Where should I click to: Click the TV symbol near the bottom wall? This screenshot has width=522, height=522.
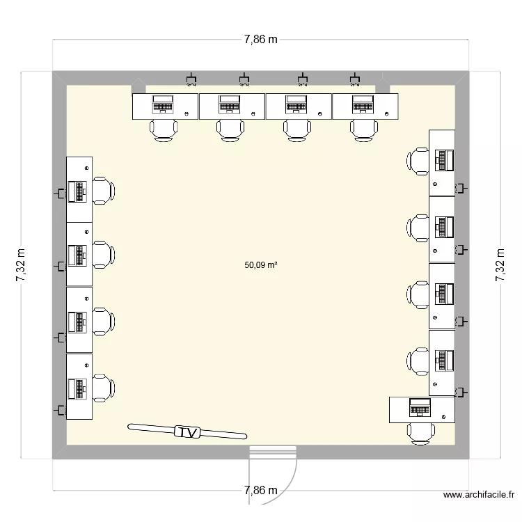[x=187, y=432]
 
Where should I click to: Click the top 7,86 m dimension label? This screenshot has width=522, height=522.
[x=260, y=40]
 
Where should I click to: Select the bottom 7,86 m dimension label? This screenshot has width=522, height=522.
[x=260, y=491]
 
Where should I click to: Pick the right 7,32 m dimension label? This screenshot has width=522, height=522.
[x=500, y=266]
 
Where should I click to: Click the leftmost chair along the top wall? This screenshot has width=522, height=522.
[x=164, y=130]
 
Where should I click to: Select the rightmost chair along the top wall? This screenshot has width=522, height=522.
[x=364, y=130]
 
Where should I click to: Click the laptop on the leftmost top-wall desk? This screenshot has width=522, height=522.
[x=164, y=104]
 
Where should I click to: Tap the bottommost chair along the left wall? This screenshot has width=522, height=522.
[x=103, y=387]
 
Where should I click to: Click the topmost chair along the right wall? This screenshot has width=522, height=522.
[x=419, y=161]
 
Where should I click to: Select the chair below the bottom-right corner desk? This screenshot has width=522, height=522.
[x=420, y=433]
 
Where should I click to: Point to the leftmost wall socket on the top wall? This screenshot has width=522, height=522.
[x=192, y=77]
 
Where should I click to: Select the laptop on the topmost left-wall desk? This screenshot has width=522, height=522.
[x=76, y=191]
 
